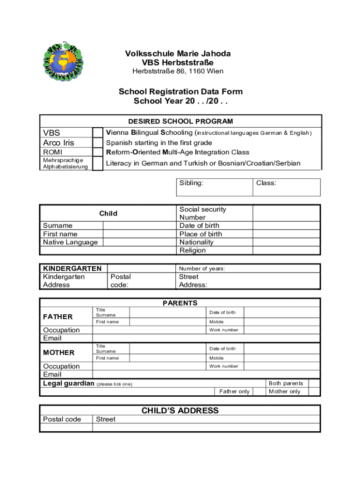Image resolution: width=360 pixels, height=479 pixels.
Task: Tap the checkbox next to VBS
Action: coord(98,133)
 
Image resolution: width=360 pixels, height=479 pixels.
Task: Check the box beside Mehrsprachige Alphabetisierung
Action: coord(98,163)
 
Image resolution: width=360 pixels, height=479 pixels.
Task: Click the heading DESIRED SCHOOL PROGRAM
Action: coord(180,121)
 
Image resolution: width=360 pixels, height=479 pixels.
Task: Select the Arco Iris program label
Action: coord(58,143)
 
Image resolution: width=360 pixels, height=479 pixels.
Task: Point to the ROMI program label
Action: coord(52,152)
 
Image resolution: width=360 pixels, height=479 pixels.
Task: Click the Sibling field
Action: coord(215,187)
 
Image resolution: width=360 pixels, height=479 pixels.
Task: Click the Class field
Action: coord(287,187)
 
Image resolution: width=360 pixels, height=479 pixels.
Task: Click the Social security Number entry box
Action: coord(286,213)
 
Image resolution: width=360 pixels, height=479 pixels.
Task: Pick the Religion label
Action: coord(193,250)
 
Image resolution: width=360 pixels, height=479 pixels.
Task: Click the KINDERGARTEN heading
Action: coord(72,269)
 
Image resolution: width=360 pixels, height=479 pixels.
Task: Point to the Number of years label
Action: coord(202,269)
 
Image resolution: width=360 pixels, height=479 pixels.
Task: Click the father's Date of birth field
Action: coord(282,312)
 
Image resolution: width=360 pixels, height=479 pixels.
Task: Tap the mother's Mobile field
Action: coord(282,358)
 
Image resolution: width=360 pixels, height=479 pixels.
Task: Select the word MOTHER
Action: coord(59,353)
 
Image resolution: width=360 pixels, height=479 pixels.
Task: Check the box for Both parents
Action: coord(314,383)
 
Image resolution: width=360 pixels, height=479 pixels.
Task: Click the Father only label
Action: coord(234,392)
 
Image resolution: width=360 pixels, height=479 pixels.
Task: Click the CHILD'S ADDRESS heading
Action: coord(180,411)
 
